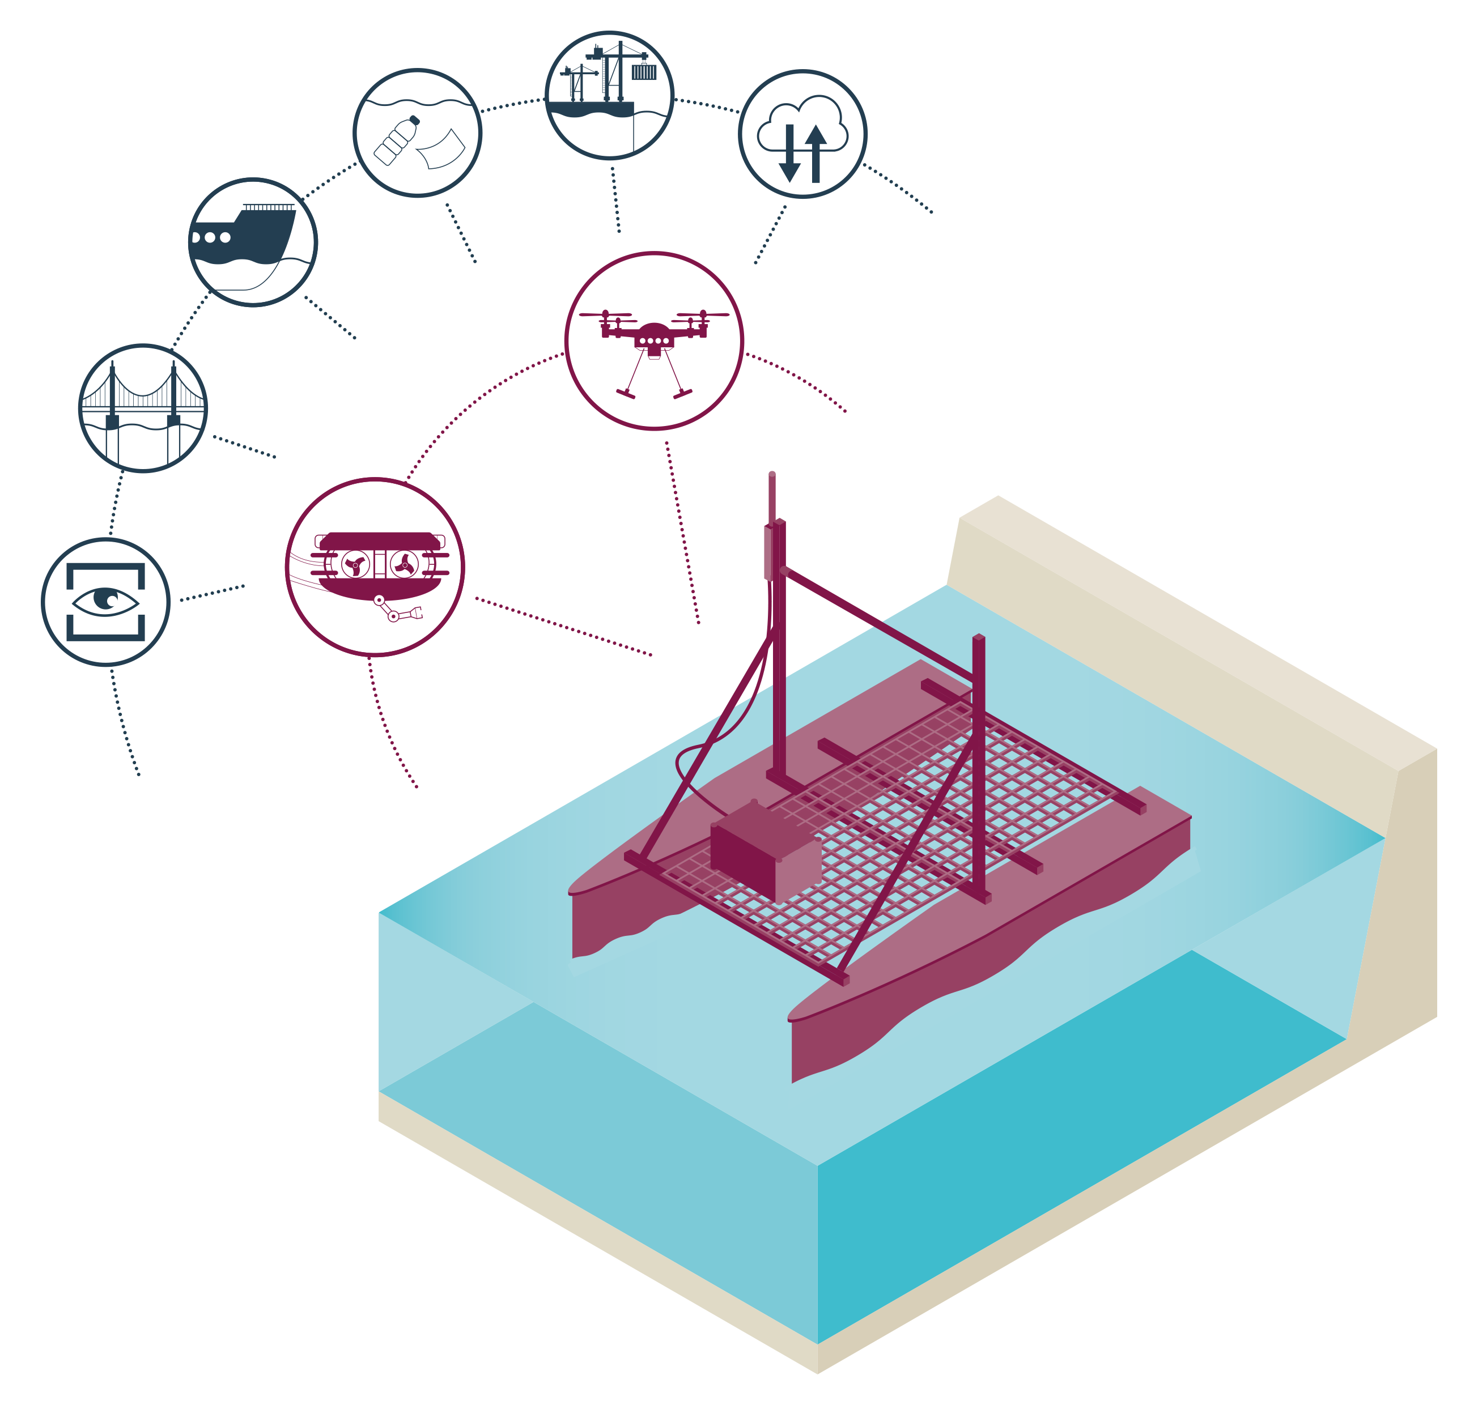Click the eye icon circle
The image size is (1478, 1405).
click(x=105, y=602)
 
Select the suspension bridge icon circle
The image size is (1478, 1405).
click(x=142, y=408)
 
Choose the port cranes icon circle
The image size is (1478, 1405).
click(x=609, y=95)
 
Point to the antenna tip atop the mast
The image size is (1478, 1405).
click(x=772, y=475)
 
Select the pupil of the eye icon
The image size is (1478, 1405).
click(x=109, y=599)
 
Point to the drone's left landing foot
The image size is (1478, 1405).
click(x=625, y=393)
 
